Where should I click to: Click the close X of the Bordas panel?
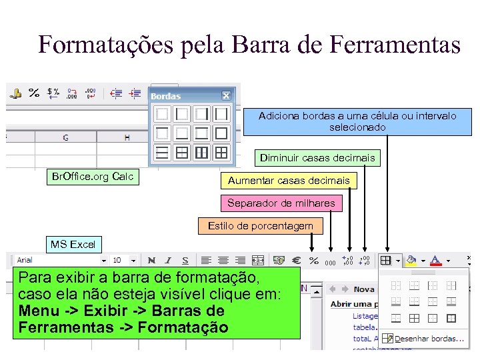pyautogui.click(x=226, y=96)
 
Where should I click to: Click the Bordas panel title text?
pyautogui.click(x=166, y=97)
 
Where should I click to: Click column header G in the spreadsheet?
pyautogui.click(x=65, y=137)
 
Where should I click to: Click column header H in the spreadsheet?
pyautogui.click(x=127, y=137)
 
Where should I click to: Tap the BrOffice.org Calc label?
pyautogui.click(x=93, y=177)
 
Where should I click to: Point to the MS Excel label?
pyautogui.click(x=73, y=244)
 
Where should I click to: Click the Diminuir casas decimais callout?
pyautogui.click(x=317, y=158)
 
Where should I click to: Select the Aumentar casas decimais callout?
pyautogui.click(x=289, y=181)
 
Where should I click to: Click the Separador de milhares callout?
pyautogui.click(x=281, y=203)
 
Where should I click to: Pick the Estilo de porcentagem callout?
pyautogui.click(x=260, y=226)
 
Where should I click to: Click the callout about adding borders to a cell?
pyautogui.click(x=357, y=121)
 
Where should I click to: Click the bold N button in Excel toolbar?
pyautogui.click(x=151, y=261)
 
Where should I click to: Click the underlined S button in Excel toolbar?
pyautogui.click(x=185, y=261)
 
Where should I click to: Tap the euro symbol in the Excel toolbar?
pyautogui.click(x=297, y=261)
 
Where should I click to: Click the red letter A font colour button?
pyautogui.click(x=435, y=260)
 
